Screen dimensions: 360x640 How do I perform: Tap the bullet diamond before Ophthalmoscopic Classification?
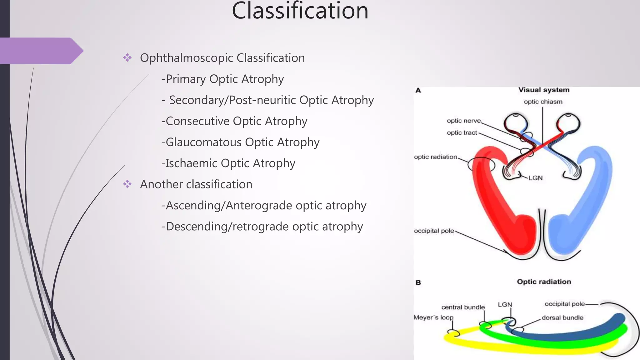point(127,57)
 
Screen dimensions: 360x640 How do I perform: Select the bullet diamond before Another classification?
point(127,184)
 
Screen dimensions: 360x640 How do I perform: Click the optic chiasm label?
point(543,102)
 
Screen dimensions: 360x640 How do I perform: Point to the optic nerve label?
point(463,121)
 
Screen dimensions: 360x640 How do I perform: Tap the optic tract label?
point(462,132)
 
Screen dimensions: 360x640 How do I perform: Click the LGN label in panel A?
point(535,178)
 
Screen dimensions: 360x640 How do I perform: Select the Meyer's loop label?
point(433,317)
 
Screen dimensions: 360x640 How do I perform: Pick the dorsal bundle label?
point(562,318)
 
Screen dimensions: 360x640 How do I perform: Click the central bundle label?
point(463,307)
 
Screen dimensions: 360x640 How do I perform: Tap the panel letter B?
point(418,282)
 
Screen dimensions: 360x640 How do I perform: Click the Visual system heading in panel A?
point(544,90)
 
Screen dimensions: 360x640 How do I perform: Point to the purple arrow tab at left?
point(41,51)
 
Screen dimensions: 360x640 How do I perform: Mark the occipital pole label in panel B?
point(564,304)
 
